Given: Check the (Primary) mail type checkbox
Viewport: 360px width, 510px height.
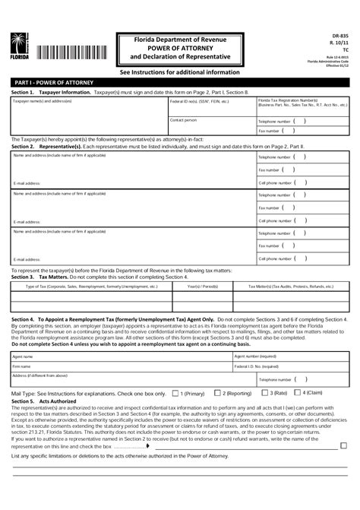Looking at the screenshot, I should point(176,393).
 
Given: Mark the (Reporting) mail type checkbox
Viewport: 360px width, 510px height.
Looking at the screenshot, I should point(217,393).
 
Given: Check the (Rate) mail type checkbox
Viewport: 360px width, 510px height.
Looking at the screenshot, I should point(264,393).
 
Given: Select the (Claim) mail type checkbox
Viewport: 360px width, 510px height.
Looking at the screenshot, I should point(297,393).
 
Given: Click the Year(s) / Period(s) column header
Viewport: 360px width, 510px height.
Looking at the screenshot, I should point(203,287).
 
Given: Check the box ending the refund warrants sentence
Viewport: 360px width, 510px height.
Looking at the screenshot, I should point(344,445).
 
